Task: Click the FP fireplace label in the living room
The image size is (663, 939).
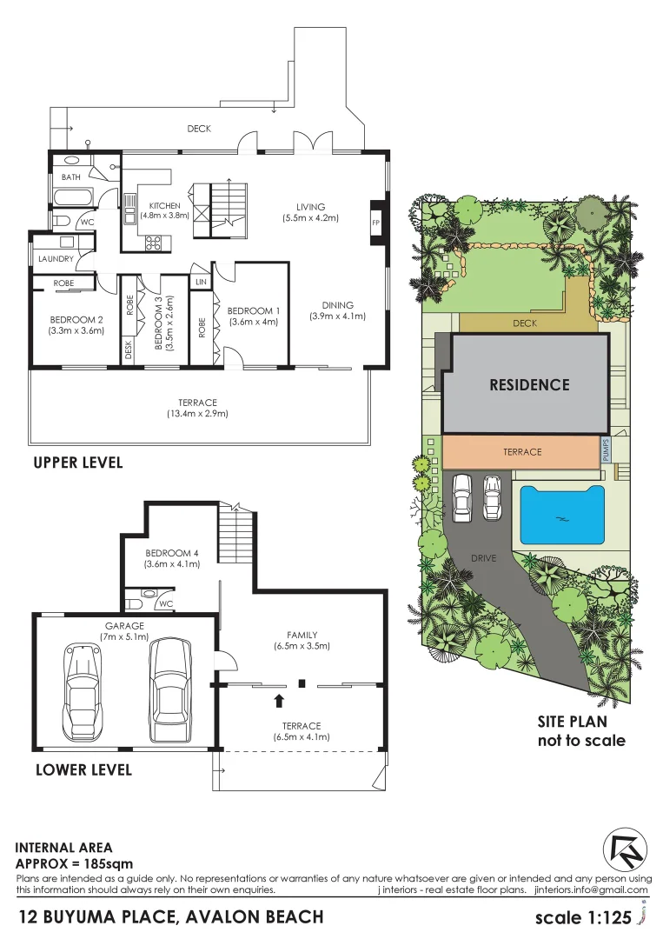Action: click(x=376, y=222)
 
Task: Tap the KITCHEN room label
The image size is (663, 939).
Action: click(x=165, y=206)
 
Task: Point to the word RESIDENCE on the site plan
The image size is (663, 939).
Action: click(x=528, y=384)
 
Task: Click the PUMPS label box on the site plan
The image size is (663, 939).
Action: click(x=606, y=450)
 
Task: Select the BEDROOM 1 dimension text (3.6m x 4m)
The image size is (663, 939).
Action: click(x=254, y=323)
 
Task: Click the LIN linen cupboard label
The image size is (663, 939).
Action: click(x=201, y=283)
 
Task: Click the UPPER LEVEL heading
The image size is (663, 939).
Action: click(x=77, y=463)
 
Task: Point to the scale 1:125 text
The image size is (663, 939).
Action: click(x=582, y=917)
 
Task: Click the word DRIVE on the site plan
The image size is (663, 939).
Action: click(x=483, y=558)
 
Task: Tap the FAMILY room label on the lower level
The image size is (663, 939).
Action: click(x=302, y=635)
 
